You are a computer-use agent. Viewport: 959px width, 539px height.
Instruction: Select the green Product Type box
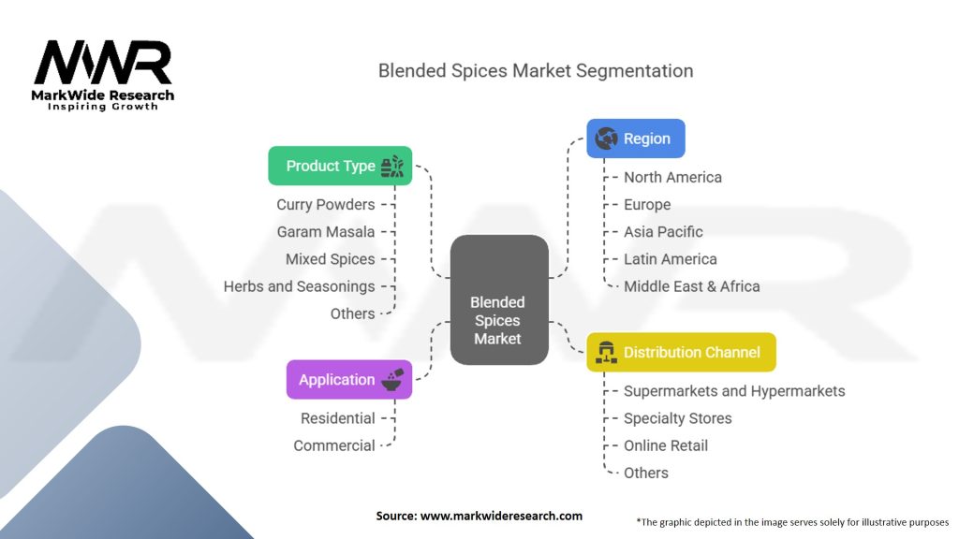click(340, 166)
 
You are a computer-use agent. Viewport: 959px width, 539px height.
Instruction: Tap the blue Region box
click(636, 138)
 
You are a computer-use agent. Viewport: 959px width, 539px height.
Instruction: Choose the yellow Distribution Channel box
click(681, 353)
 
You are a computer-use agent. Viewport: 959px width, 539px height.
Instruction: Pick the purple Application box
click(348, 380)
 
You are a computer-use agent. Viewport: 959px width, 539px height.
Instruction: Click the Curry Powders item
click(326, 205)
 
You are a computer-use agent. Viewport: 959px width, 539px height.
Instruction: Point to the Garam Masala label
click(326, 232)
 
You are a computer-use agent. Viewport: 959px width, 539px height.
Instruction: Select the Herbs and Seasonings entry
click(299, 286)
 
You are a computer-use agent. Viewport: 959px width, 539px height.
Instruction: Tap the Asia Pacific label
click(663, 232)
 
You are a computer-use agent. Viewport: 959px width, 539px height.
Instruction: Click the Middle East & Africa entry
click(691, 286)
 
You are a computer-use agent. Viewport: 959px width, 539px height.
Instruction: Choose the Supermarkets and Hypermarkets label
click(734, 391)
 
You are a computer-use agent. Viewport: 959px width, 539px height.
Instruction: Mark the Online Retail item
click(666, 445)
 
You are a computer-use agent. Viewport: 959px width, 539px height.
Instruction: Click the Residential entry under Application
click(338, 418)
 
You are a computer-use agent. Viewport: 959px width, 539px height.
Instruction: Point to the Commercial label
click(334, 445)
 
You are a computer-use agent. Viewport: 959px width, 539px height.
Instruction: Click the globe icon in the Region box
click(605, 138)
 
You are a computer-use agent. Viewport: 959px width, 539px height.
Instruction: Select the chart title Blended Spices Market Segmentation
click(536, 71)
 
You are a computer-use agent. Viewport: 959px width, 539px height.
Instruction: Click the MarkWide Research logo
click(103, 75)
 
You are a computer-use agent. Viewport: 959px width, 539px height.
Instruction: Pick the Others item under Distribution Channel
click(646, 473)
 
